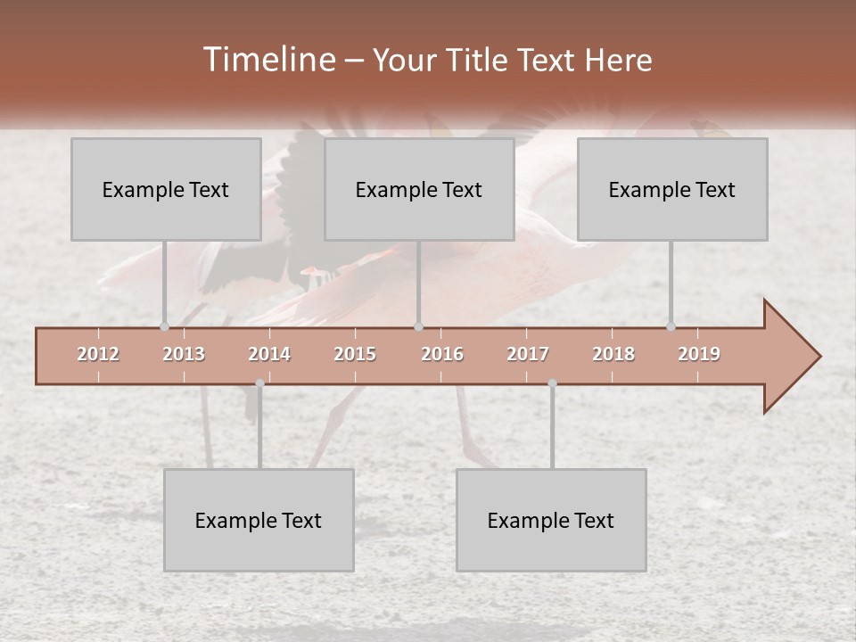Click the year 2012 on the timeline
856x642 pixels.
click(98, 354)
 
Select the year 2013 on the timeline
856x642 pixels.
click(184, 354)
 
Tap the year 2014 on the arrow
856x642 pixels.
click(269, 354)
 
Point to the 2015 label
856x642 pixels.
click(355, 354)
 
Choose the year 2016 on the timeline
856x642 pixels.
click(442, 354)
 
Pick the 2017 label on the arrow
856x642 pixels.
click(528, 354)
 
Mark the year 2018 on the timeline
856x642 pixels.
click(613, 354)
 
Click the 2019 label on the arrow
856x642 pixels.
click(699, 354)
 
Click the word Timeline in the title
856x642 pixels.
click(267, 60)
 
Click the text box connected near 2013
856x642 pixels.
click(166, 189)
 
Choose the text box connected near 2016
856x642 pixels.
click(419, 189)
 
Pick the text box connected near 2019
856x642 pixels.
click(672, 189)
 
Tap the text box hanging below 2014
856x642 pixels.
click(259, 520)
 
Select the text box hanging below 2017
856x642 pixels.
click(551, 520)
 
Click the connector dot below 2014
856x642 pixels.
click(259, 383)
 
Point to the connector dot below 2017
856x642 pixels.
click(552, 383)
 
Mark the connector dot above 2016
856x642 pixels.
click(419, 326)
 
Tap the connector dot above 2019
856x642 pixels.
click(671, 326)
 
